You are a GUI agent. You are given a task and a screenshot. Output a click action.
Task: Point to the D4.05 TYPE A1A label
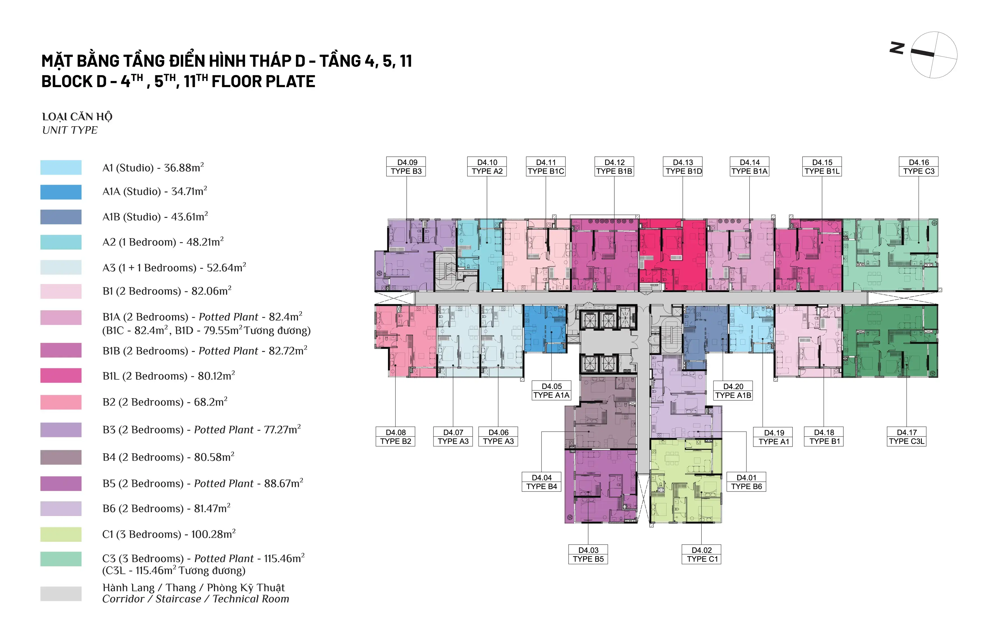[551, 391]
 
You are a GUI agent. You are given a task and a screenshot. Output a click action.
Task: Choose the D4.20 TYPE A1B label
[733, 391]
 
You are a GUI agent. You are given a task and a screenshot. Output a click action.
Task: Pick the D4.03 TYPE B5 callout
[588, 555]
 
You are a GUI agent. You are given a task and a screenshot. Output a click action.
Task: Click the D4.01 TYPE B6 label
[746, 482]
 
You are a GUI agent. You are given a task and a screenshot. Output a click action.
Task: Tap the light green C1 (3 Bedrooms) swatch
[61, 535]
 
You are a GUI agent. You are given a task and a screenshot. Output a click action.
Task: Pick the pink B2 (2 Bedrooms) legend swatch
[61, 402]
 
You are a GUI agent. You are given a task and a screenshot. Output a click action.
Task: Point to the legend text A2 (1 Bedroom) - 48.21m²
[163, 242]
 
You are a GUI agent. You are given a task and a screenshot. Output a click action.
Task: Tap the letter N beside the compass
[897, 48]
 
